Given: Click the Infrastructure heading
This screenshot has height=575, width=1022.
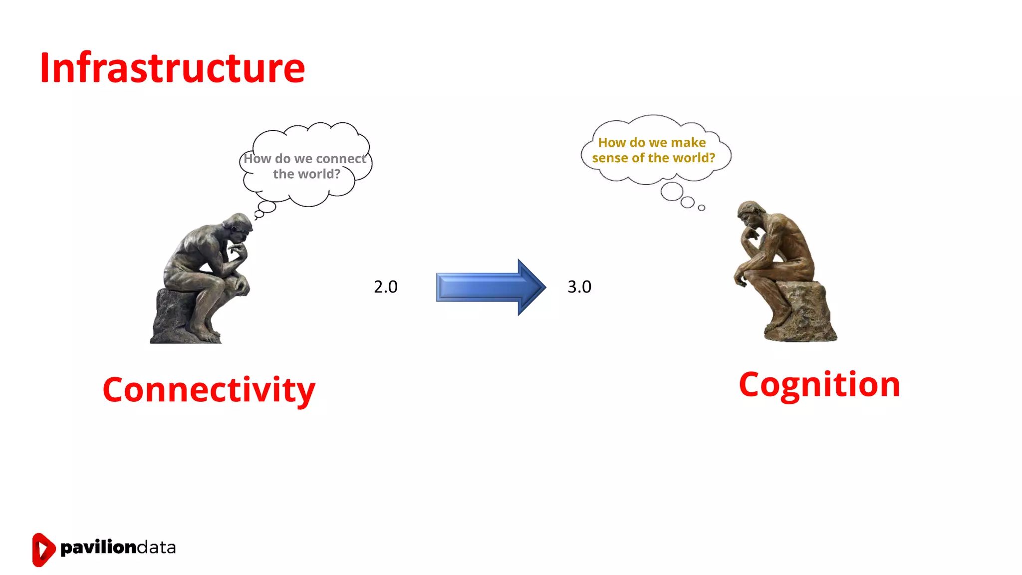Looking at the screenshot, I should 172,68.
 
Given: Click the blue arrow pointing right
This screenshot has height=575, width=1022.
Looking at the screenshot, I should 491,287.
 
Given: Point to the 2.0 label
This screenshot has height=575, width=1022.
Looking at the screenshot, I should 385,287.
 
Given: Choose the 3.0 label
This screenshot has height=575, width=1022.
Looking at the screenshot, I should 579,287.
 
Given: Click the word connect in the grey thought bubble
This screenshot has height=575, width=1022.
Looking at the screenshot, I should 341,159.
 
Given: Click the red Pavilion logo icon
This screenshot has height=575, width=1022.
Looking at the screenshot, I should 43,550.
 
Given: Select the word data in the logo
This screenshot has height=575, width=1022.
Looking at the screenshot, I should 156,548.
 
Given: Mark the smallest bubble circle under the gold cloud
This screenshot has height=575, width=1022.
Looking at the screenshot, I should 702,208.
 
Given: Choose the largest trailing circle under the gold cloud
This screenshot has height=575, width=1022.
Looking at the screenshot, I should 672,192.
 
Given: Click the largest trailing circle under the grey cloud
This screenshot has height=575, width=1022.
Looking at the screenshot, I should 267,207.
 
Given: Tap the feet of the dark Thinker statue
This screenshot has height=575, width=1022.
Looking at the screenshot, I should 205,331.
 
